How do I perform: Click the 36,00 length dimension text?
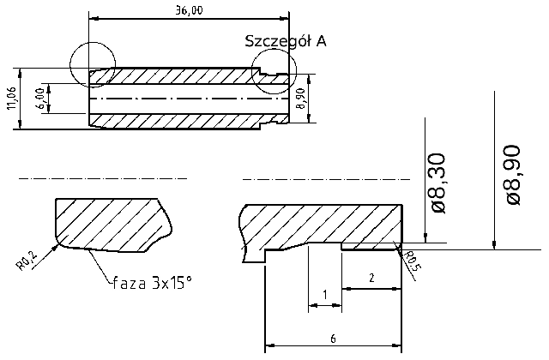pos(188,10)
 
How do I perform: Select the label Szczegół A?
pos(285,40)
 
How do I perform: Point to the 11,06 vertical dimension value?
pos(10,99)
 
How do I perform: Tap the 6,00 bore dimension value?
pos(39,98)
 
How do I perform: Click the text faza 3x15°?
pos(152,281)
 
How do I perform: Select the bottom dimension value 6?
pos(333,339)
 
